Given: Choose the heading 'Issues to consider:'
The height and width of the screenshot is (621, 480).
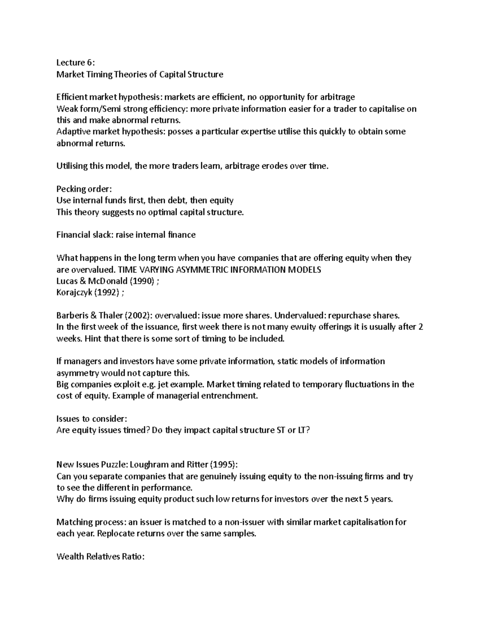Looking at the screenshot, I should [x=92, y=419].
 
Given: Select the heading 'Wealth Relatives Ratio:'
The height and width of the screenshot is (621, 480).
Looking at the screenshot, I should [x=100, y=557].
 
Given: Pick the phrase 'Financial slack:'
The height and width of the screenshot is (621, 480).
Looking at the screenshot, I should [x=84, y=235].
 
